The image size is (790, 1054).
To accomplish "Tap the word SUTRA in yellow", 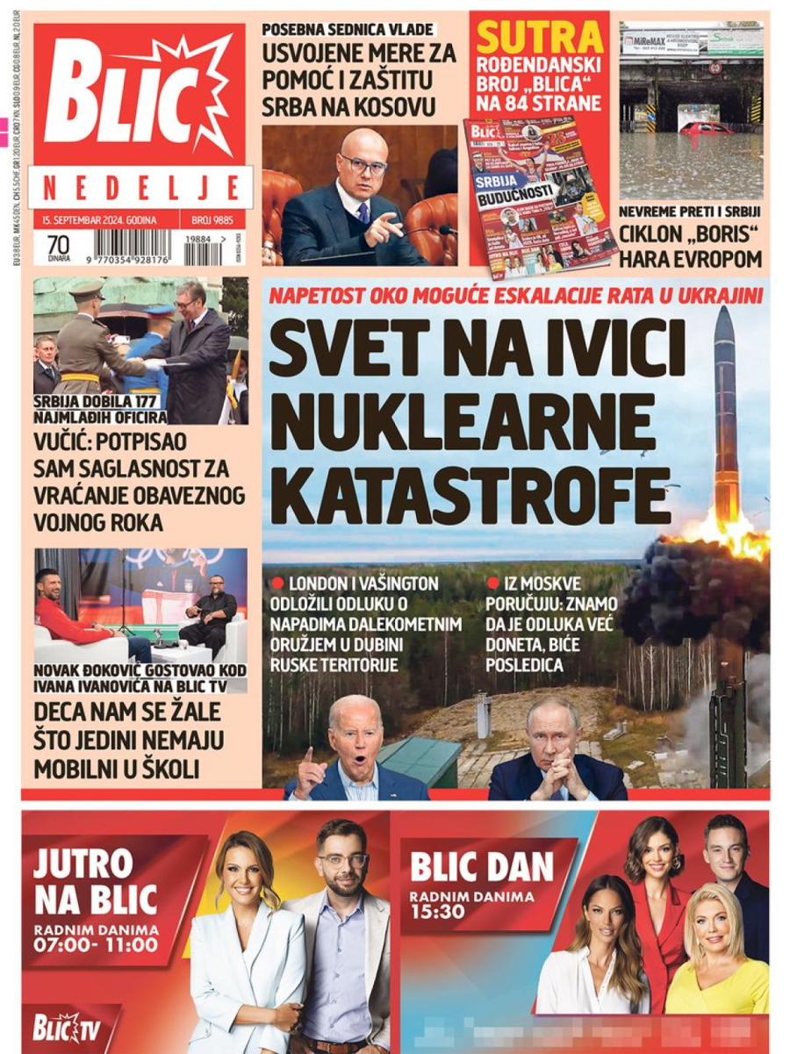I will (x=539, y=38).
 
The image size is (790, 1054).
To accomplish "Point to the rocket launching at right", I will (x=728, y=412).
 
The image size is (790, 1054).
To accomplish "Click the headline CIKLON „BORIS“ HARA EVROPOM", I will (x=689, y=247).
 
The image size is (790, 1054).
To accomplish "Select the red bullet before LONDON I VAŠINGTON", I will (x=277, y=583).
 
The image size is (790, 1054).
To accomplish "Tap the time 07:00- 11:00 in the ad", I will (x=97, y=945).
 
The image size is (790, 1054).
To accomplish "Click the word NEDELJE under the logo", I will (x=141, y=186).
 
